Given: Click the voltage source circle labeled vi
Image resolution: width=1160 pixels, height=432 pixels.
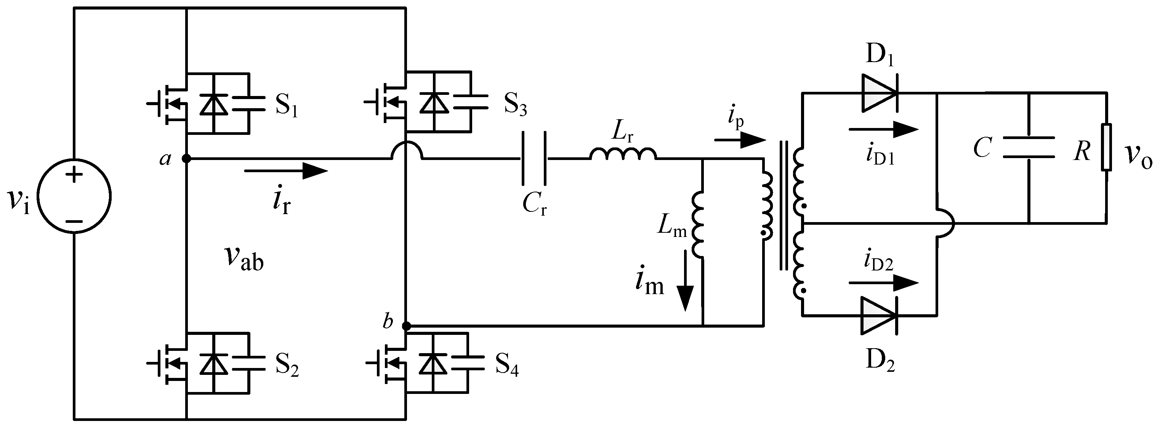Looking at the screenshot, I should [74, 196].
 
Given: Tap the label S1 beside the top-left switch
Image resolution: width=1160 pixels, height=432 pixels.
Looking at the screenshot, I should [287, 106].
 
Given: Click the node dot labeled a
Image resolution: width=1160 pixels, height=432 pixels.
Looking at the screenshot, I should [186, 158].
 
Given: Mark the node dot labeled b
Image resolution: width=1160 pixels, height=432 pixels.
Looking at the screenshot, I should [406, 326].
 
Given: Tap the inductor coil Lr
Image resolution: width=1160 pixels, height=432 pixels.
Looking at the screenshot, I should [623, 154].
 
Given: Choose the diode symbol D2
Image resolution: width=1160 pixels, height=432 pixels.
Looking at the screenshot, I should [878, 315].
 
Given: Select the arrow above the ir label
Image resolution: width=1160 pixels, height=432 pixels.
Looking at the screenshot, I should [285, 171].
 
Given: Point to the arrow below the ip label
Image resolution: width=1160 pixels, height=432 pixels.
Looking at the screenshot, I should [740, 140].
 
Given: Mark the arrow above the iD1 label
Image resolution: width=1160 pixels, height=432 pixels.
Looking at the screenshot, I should [883, 130].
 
